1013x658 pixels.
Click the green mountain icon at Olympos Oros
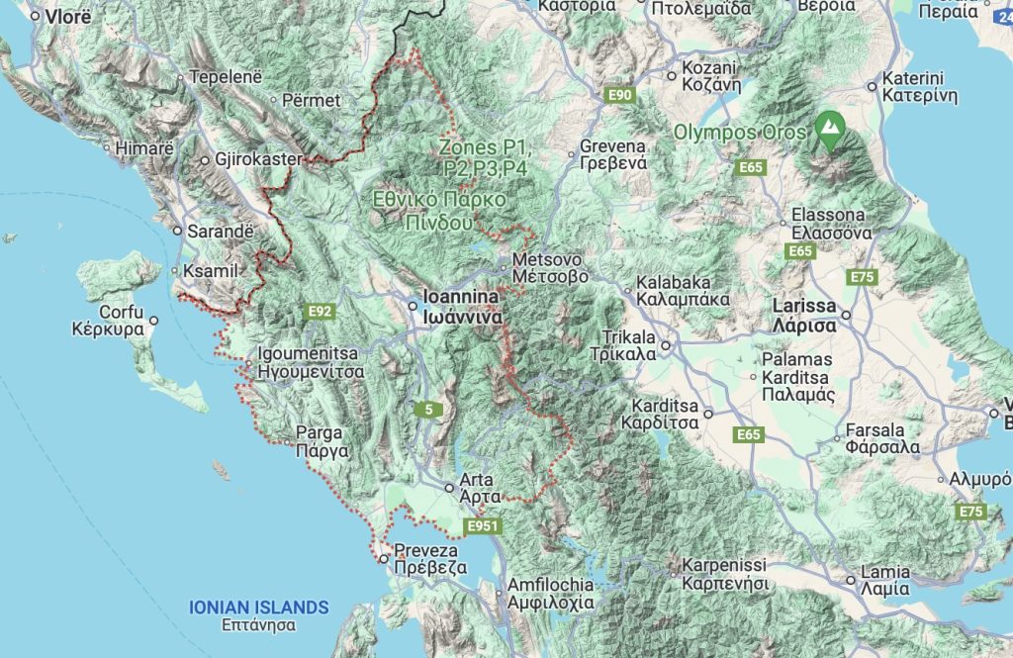tap(829, 128)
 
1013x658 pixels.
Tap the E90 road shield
tap(620, 95)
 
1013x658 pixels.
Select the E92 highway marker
tap(320, 312)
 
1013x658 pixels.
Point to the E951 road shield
tap(484, 526)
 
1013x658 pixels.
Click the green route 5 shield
tap(427, 409)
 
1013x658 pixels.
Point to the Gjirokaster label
tap(258, 159)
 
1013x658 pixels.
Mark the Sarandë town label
tap(221, 231)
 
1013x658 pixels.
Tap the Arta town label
tap(476, 488)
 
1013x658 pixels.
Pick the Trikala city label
tap(623, 345)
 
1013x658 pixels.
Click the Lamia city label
tap(885, 581)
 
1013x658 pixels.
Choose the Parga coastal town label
tap(320, 441)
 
